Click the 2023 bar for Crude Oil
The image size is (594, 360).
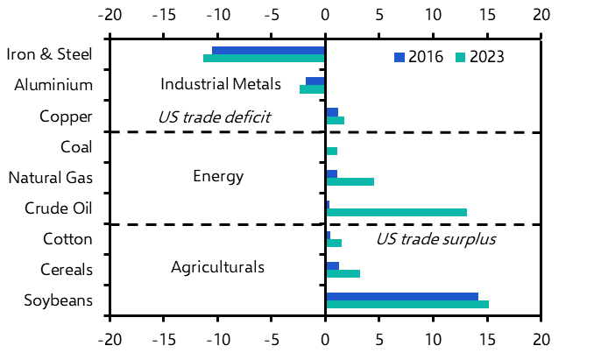(x=396, y=212)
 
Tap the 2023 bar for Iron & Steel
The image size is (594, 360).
(x=264, y=59)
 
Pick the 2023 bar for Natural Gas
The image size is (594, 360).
(x=350, y=181)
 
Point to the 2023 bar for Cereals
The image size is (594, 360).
(x=343, y=273)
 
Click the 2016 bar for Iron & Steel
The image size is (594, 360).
(x=268, y=51)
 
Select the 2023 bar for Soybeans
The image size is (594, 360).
(x=407, y=304)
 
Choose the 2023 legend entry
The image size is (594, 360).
(x=479, y=58)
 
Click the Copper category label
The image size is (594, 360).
(x=67, y=116)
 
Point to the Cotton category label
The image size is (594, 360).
(x=68, y=238)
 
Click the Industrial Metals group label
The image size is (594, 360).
(x=221, y=84)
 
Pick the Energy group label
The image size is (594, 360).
(x=218, y=177)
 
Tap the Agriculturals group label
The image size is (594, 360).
(x=217, y=266)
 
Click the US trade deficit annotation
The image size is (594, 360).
(x=214, y=116)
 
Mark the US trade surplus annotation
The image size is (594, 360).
(x=435, y=239)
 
